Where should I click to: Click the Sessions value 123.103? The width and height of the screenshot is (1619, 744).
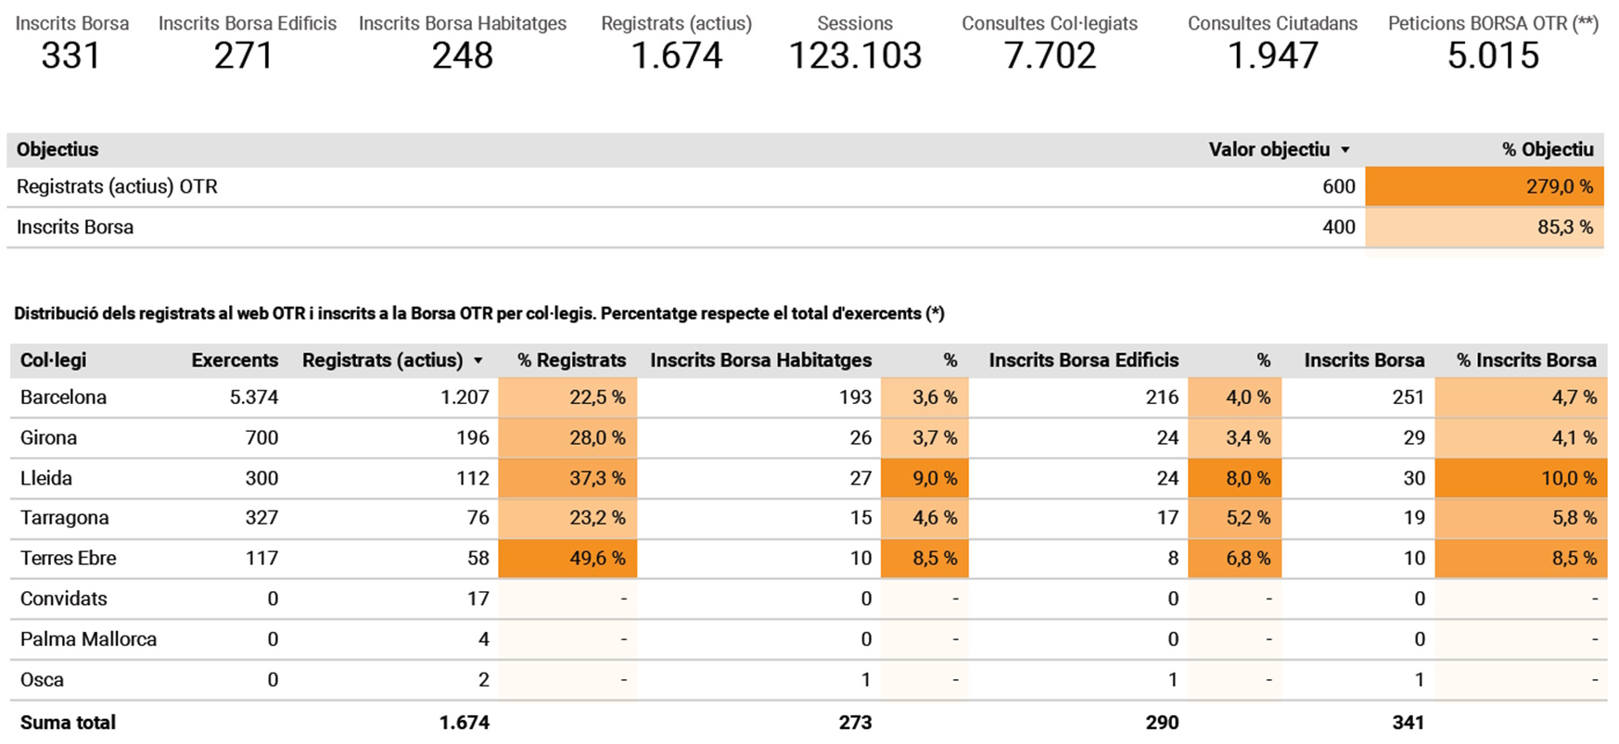click(x=855, y=56)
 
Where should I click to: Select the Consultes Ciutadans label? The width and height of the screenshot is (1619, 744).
click(x=1272, y=23)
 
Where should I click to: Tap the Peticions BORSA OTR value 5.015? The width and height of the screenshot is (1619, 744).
click(x=1493, y=56)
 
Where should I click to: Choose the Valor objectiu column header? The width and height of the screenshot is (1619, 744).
click(x=1268, y=149)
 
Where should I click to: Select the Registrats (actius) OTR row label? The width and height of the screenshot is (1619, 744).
click(x=117, y=186)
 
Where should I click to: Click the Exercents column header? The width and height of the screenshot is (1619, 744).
click(x=235, y=360)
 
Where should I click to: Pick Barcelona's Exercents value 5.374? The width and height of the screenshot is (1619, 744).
click(x=253, y=397)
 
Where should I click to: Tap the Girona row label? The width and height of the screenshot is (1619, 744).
click(x=48, y=437)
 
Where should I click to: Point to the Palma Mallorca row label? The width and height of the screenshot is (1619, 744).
click(x=88, y=639)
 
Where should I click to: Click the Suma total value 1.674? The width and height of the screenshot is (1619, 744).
click(x=464, y=723)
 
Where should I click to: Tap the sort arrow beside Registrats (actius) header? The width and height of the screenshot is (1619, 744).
click(x=478, y=360)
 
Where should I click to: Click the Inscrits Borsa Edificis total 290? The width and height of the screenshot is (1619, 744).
click(x=1161, y=723)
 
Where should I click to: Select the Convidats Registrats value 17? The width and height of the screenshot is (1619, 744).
click(x=478, y=599)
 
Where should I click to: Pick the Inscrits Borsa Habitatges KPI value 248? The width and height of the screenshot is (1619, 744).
click(x=462, y=56)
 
